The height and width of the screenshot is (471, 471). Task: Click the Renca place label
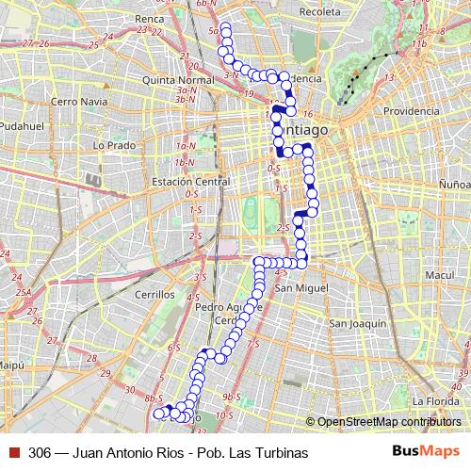149,19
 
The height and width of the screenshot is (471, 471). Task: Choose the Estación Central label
185,182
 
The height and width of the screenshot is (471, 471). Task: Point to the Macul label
439,275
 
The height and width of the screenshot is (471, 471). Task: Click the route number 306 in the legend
39,452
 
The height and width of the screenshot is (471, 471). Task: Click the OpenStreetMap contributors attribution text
386,422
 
